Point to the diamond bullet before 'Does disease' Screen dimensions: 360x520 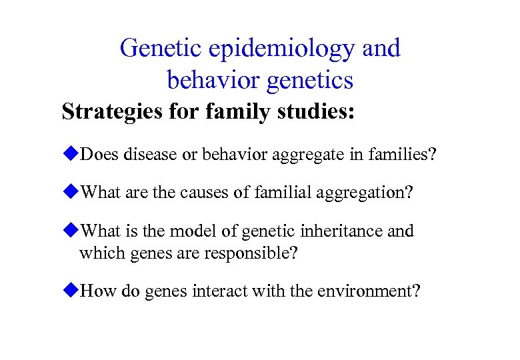tap(70, 155)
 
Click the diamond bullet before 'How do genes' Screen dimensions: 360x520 tap(70, 291)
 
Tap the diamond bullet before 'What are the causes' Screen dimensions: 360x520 tap(70, 193)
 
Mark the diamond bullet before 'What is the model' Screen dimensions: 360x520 tap(70, 231)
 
